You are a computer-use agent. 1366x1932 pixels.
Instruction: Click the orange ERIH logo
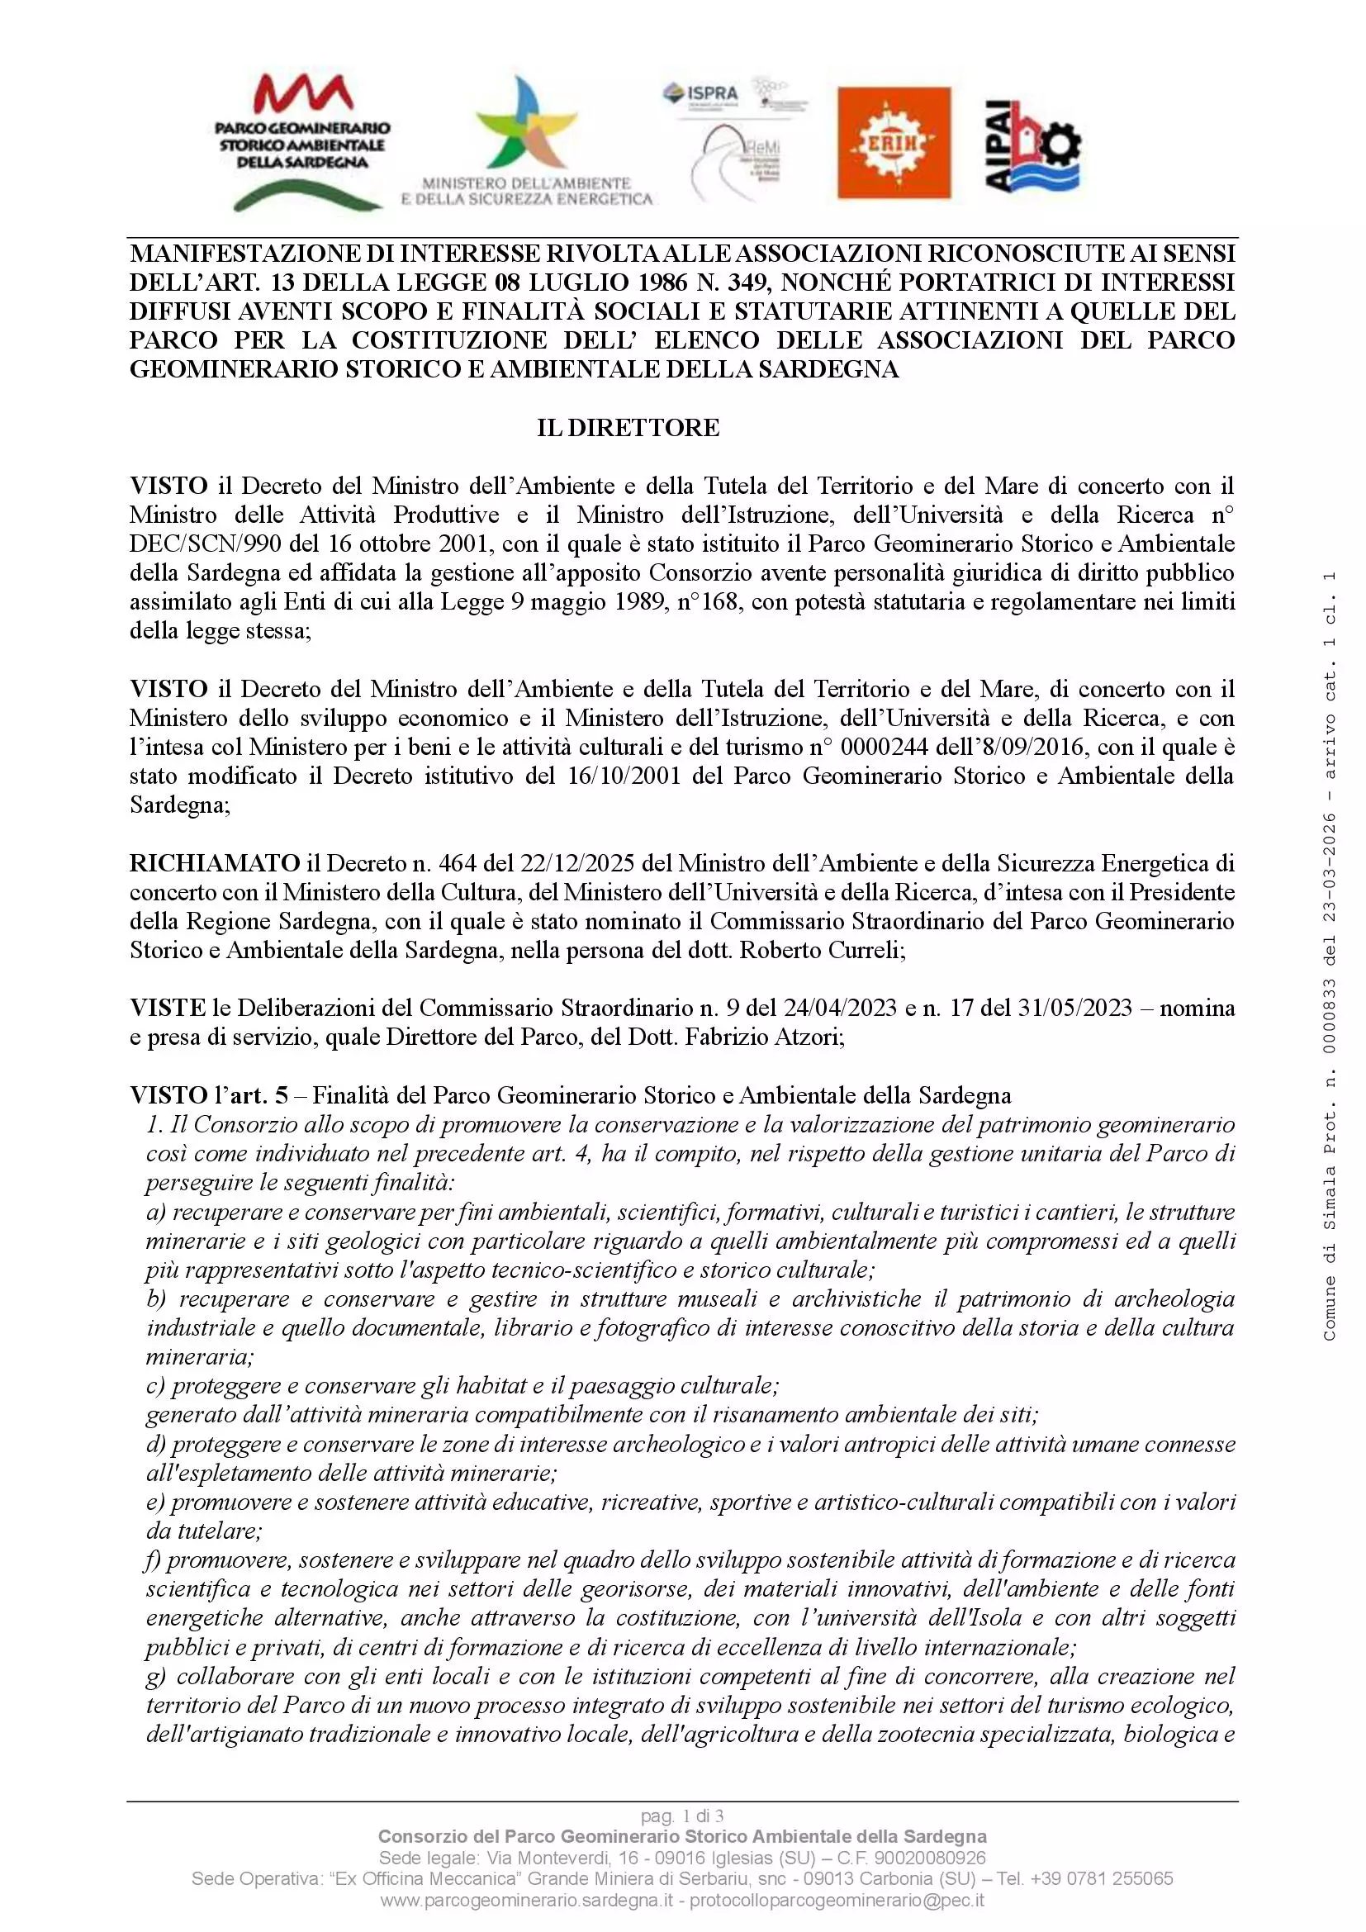coord(894,142)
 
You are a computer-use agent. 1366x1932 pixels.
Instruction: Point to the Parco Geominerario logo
coord(302,141)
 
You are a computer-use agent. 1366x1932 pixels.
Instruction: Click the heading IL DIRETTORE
coord(628,428)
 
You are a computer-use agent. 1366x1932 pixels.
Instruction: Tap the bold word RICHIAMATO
coord(215,863)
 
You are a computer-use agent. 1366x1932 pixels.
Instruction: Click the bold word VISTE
coord(168,1008)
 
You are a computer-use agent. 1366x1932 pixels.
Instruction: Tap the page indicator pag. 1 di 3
coord(682,1816)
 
